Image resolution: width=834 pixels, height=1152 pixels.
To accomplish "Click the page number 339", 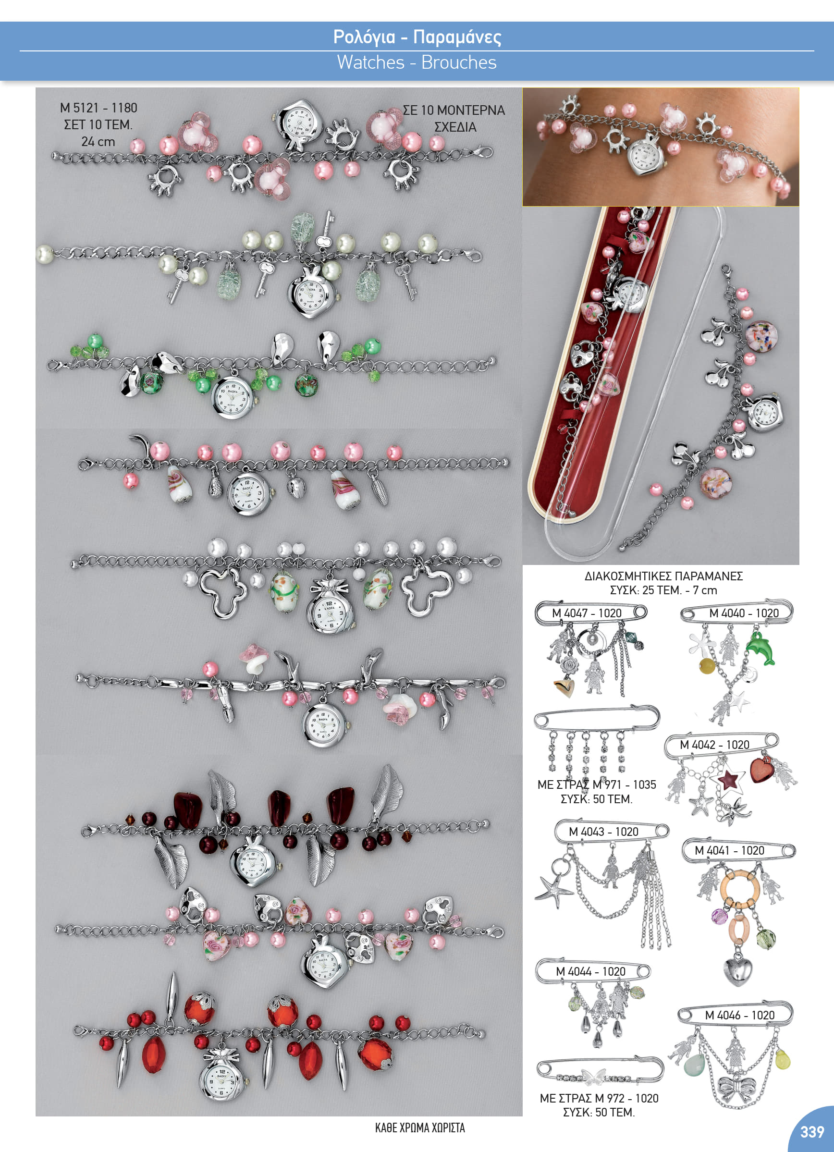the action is point(812,1132).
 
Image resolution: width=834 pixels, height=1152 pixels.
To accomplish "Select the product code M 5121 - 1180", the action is point(98,108).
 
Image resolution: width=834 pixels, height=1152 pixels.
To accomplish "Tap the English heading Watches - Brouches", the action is point(417,62).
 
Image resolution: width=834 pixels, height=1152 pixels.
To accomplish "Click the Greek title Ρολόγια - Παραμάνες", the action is point(417,37).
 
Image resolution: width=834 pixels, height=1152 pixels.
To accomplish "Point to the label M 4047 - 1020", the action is point(587,613).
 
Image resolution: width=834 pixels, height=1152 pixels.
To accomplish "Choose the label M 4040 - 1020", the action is point(744,613).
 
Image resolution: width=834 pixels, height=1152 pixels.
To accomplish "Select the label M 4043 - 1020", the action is point(603,832).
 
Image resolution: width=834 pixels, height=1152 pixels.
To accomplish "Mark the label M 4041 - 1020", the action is point(729,850).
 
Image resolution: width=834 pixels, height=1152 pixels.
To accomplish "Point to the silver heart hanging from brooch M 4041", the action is point(737,971).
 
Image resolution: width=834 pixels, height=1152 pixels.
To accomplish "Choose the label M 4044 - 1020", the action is point(590,971).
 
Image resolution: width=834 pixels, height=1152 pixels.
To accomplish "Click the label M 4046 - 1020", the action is point(739,1015).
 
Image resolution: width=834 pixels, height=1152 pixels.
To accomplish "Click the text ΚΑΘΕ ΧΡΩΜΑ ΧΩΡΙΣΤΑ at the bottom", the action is point(420,1127).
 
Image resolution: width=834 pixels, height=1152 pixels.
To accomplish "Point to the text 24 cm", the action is point(98,141).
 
